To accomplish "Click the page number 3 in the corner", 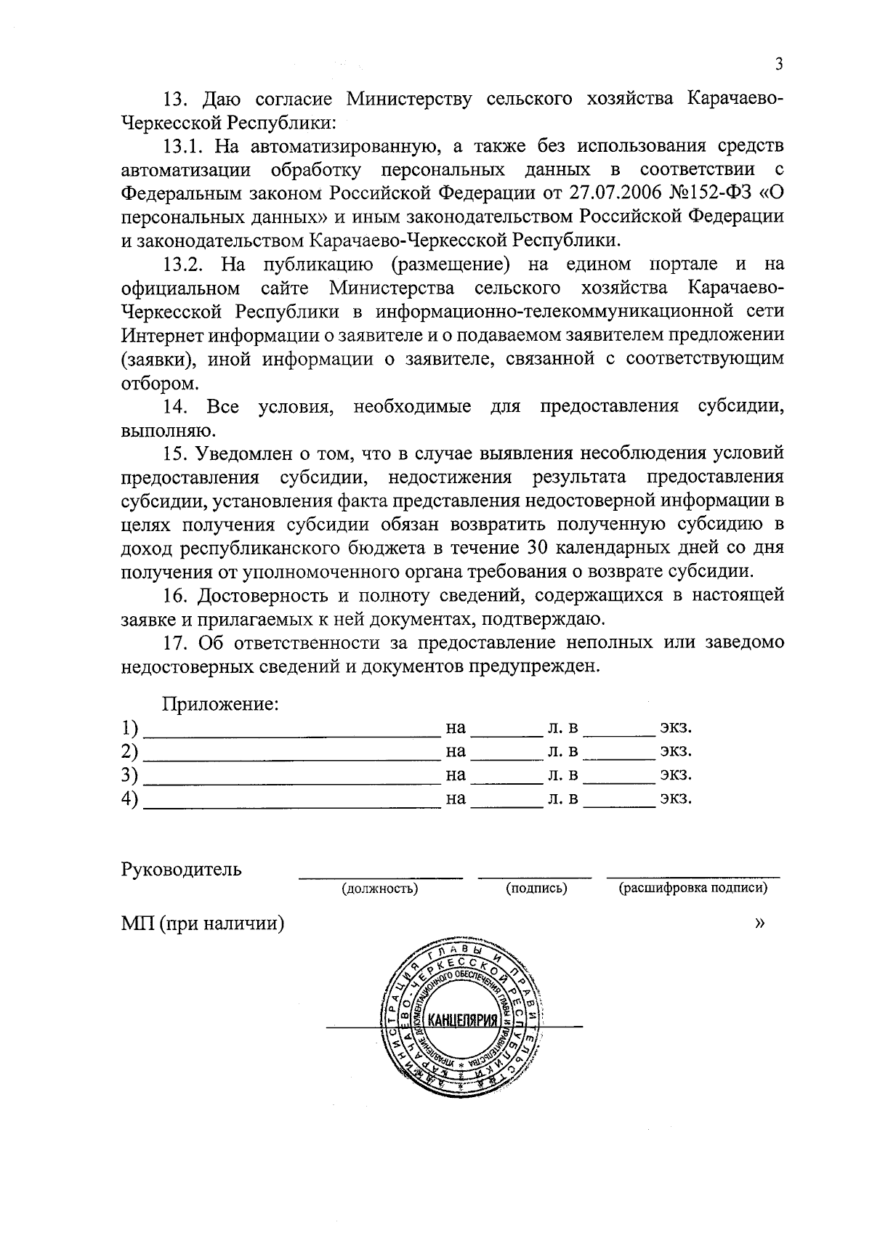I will point(778,65).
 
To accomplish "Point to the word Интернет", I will point(163,335).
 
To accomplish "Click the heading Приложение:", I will point(221,703).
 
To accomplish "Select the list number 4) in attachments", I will point(129,799).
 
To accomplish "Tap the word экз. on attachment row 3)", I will point(675,775).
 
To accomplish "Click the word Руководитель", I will point(182,869).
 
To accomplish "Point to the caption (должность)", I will point(379,888).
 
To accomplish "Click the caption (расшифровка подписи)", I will point(693,888).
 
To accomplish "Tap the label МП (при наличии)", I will point(202,923).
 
